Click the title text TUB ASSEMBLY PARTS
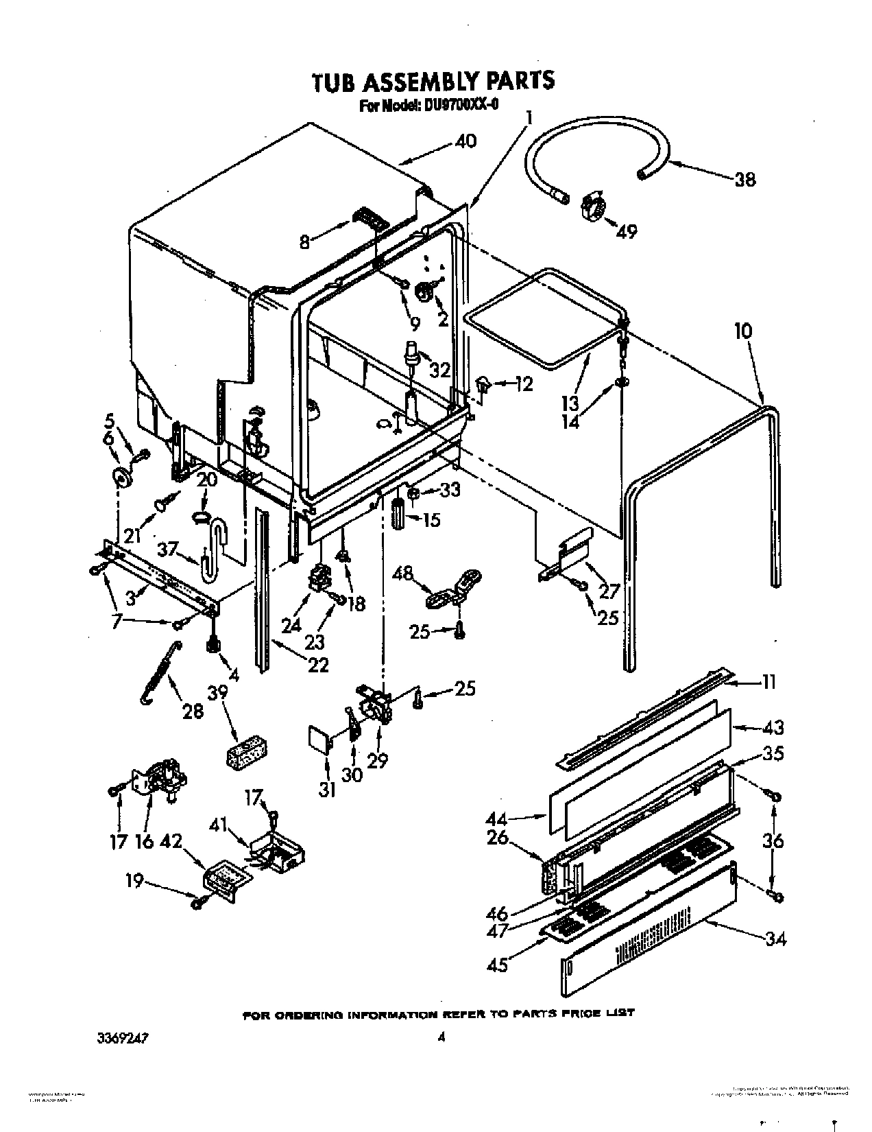pyautogui.click(x=433, y=81)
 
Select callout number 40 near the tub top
pyautogui.click(x=465, y=141)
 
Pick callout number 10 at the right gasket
pyautogui.click(x=743, y=331)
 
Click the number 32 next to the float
pyautogui.click(x=439, y=370)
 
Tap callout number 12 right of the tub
pyautogui.click(x=523, y=385)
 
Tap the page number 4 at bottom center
pyautogui.click(x=442, y=1038)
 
